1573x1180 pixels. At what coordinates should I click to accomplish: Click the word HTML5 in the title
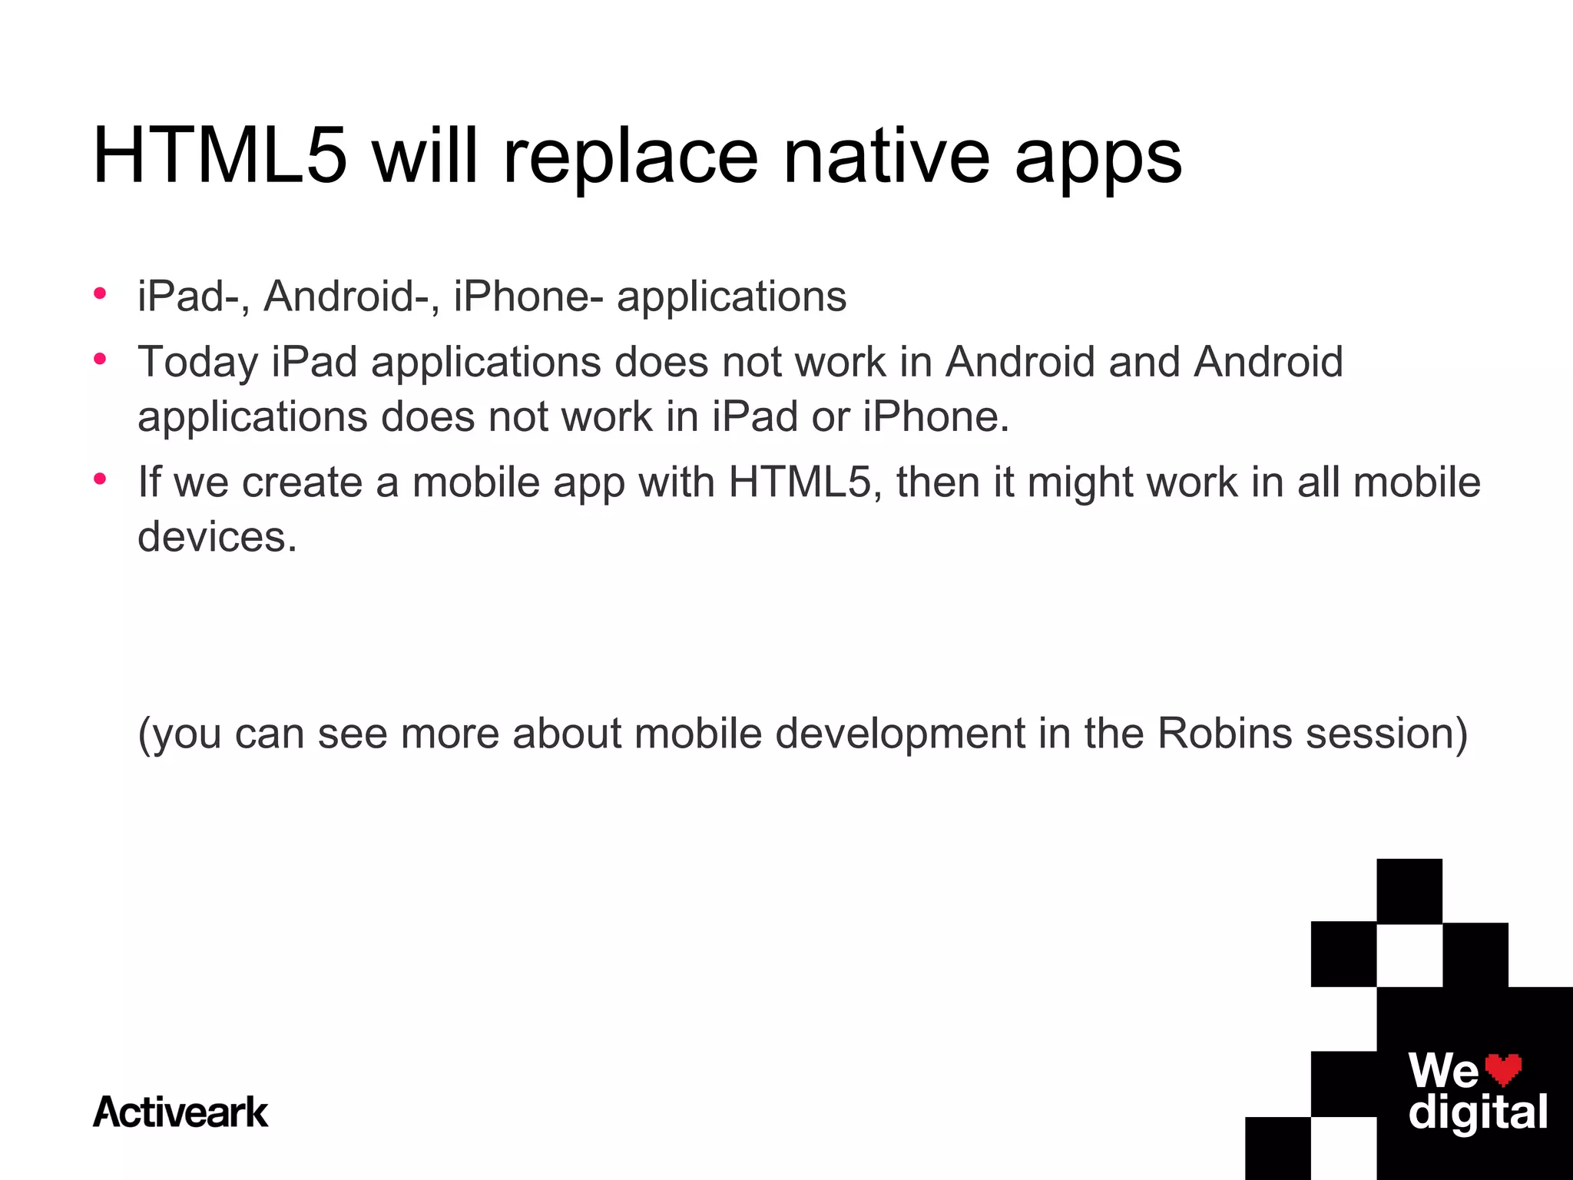(220, 157)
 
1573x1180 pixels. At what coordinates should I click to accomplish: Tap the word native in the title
(886, 157)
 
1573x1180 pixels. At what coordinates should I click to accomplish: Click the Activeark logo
(180, 1112)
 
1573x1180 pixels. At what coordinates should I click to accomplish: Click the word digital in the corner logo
(1478, 1112)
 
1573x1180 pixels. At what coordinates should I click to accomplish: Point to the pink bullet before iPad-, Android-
(100, 293)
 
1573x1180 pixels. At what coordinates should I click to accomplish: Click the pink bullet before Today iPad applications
(100, 359)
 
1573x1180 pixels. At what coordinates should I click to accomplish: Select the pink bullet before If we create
(100, 479)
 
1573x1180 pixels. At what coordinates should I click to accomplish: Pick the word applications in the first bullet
(731, 298)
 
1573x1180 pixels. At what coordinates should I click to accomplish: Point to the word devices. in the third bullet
(217, 536)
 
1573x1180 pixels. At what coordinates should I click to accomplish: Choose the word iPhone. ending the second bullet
(936, 417)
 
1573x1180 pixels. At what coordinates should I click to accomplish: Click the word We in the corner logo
(1442, 1070)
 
